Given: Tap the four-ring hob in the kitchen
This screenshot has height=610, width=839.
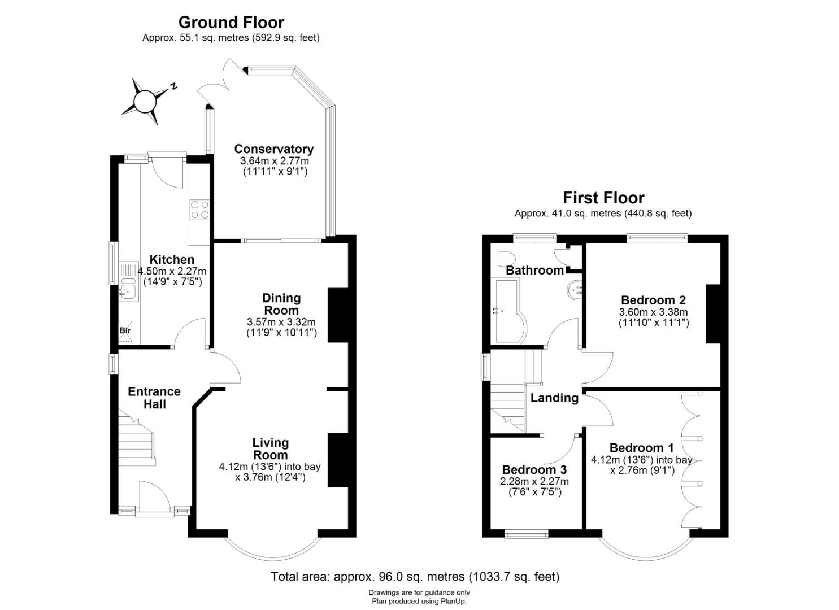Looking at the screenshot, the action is coord(199,210).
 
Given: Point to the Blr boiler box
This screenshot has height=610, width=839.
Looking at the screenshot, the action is coord(125,331).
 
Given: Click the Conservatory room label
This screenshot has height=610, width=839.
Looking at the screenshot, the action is coord(274,149).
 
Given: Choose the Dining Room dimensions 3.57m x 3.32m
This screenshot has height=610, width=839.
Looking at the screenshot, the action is coord(281,322).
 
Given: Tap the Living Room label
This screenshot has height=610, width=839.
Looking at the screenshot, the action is coord(271,448).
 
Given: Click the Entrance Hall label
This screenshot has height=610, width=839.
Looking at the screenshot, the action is coord(154,398).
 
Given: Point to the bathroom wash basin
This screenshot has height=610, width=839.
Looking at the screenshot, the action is coord(575,290).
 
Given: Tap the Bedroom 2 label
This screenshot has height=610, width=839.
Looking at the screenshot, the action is coord(653,300).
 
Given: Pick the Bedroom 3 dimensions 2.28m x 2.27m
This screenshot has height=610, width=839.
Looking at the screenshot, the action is coord(534,482).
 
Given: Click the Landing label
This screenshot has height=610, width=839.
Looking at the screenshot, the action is coord(554,398).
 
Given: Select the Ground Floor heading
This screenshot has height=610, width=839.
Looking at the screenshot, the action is coord(231,23).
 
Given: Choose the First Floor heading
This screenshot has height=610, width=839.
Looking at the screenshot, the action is coord(603,198).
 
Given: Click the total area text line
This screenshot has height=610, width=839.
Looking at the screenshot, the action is coord(415,577).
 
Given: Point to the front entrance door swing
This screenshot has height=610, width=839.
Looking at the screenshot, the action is coord(155,495).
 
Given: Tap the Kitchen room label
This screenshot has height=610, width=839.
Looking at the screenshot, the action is coord(172,259).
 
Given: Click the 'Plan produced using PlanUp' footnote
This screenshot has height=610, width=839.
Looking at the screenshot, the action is coord(419,602).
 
